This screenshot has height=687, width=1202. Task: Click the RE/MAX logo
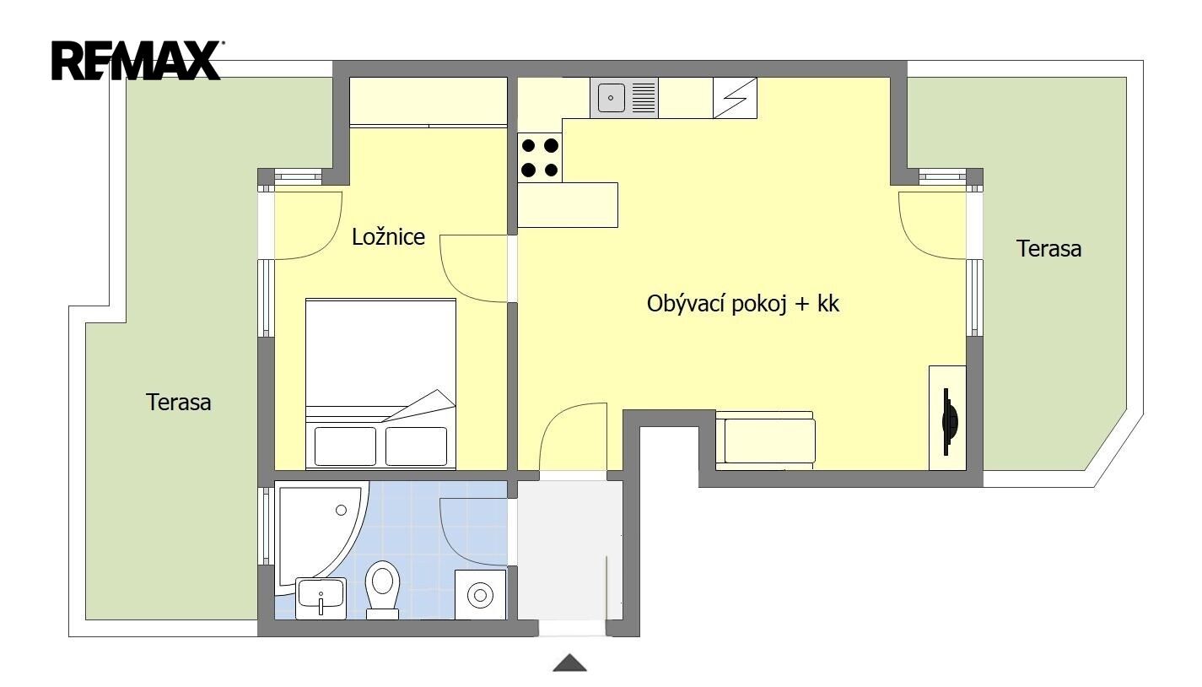(137, 61)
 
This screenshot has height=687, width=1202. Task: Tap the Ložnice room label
(388, 236)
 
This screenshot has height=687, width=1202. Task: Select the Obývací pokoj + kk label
(742, 304)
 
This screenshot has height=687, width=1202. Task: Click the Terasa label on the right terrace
(1048, 249)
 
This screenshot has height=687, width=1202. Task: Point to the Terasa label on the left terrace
(178, 403)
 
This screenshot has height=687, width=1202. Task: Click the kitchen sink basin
(612, 98)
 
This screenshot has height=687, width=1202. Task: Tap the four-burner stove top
(540, 158)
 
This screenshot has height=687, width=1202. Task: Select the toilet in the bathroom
(382, 589)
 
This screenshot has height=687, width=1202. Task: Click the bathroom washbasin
(321, 598)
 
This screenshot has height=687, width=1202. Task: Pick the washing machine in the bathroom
(480, 595)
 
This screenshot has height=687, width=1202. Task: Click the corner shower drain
(341, 510)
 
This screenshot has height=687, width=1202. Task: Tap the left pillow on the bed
(345, 446)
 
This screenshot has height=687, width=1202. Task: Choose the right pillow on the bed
(417, 446)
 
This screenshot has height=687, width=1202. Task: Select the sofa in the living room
(765, 440)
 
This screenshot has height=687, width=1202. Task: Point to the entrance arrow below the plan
(570, 663)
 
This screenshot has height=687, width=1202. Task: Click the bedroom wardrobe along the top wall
(429, 102)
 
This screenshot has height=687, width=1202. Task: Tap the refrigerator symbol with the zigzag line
(736, 98)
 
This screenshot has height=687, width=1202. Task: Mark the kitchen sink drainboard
(644, 98)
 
